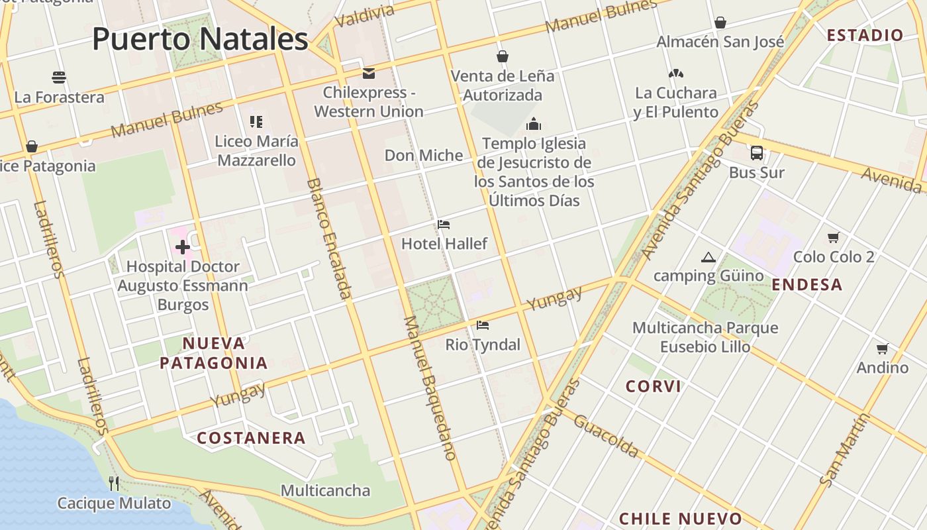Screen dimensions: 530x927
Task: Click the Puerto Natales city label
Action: (200, 39)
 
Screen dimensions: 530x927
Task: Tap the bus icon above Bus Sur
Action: (757, 153)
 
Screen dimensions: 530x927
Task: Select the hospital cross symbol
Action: (182, 248)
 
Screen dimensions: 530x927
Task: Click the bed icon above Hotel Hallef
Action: (444, 225)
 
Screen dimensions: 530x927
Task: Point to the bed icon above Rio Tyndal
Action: (483, 325)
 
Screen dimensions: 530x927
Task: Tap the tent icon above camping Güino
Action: (708, 257)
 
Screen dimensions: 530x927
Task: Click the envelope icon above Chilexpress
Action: (368, 73)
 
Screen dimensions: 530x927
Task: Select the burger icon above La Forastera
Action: (59, 78)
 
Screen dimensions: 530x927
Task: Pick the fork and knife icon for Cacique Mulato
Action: (114, 484)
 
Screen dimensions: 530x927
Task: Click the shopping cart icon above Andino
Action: (882, 348)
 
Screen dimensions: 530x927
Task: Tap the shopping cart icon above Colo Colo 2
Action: (834, 237)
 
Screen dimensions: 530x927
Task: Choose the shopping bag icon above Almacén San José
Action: (720, 23)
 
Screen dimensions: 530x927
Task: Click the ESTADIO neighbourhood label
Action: (865, 35)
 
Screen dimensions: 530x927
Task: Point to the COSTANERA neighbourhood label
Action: (251, 438)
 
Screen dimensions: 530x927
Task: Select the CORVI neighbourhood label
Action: (654, 386)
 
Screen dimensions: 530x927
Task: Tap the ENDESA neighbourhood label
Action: (807, 285)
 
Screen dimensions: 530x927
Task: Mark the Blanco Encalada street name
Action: (328, 238)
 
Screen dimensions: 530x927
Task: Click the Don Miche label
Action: (424, 156)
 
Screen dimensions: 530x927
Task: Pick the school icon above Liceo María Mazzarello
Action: (256, 122)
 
